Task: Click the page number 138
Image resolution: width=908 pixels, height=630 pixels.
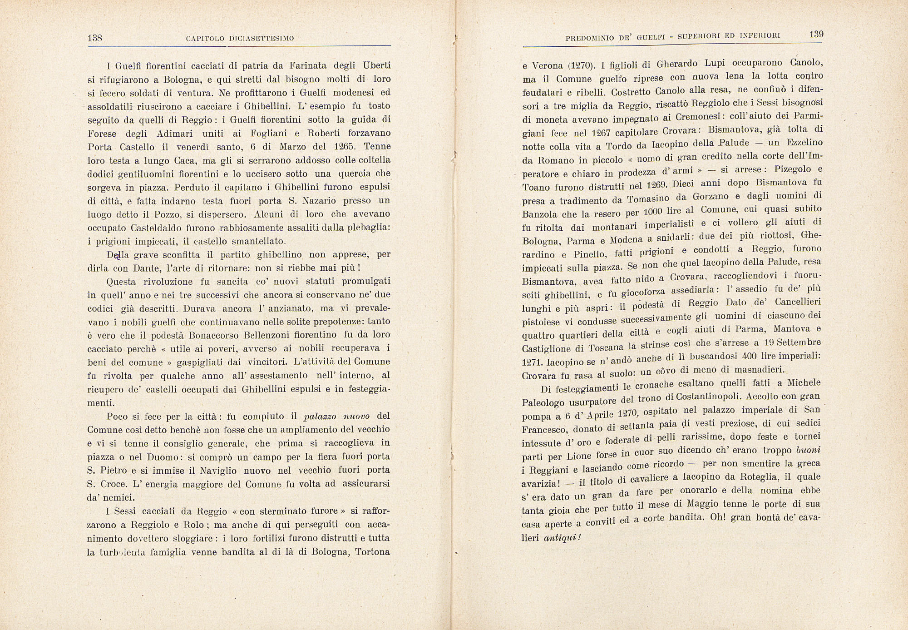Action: [x=94, y=38]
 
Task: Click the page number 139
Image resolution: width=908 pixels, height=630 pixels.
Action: [x=816, y=35]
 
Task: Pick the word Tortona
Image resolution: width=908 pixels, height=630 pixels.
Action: [x=373, y=552]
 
